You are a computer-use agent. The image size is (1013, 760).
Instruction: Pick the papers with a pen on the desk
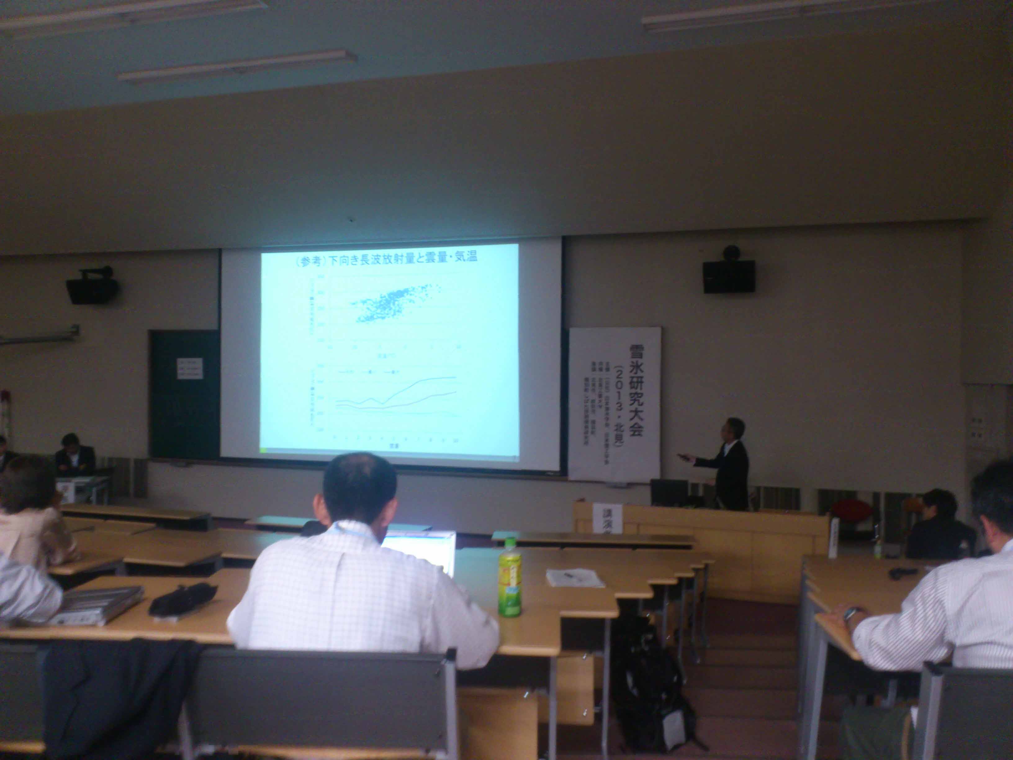pos(575,578)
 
